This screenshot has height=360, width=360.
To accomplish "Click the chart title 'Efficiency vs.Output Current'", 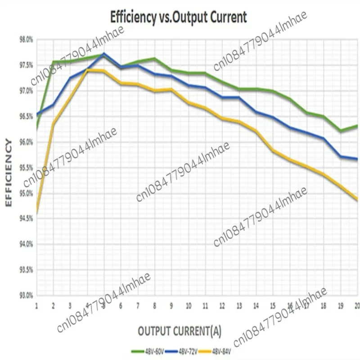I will click(179, 17).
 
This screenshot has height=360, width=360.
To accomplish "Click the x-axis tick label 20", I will click(357, 305).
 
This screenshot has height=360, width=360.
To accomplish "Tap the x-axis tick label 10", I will click(188, 305).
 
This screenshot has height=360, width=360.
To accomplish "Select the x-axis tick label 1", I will click(36, 305).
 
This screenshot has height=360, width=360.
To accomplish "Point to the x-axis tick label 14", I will click(256, 305).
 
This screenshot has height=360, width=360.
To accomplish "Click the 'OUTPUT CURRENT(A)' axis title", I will click(180, 331).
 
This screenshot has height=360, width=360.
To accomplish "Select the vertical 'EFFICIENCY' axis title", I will click(9, 173).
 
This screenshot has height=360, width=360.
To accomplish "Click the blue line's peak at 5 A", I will click(104, 54).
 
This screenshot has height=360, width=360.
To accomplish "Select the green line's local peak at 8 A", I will click(154, 58).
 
